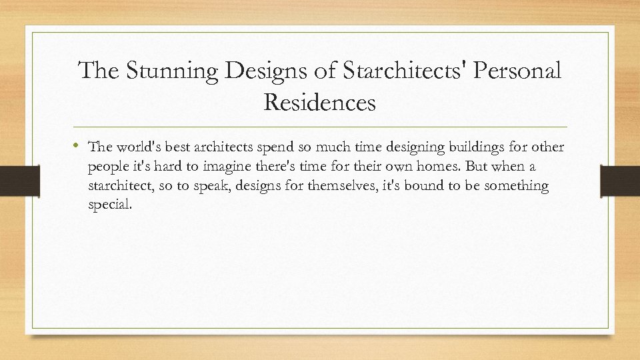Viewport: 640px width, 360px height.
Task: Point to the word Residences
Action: point(320,103)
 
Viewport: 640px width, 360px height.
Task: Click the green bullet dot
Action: point(80,145)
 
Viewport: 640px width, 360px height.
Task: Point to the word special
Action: point(110,205)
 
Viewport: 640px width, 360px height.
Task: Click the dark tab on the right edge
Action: point(619,181)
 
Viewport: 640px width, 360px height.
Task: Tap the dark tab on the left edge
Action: point(12,181)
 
